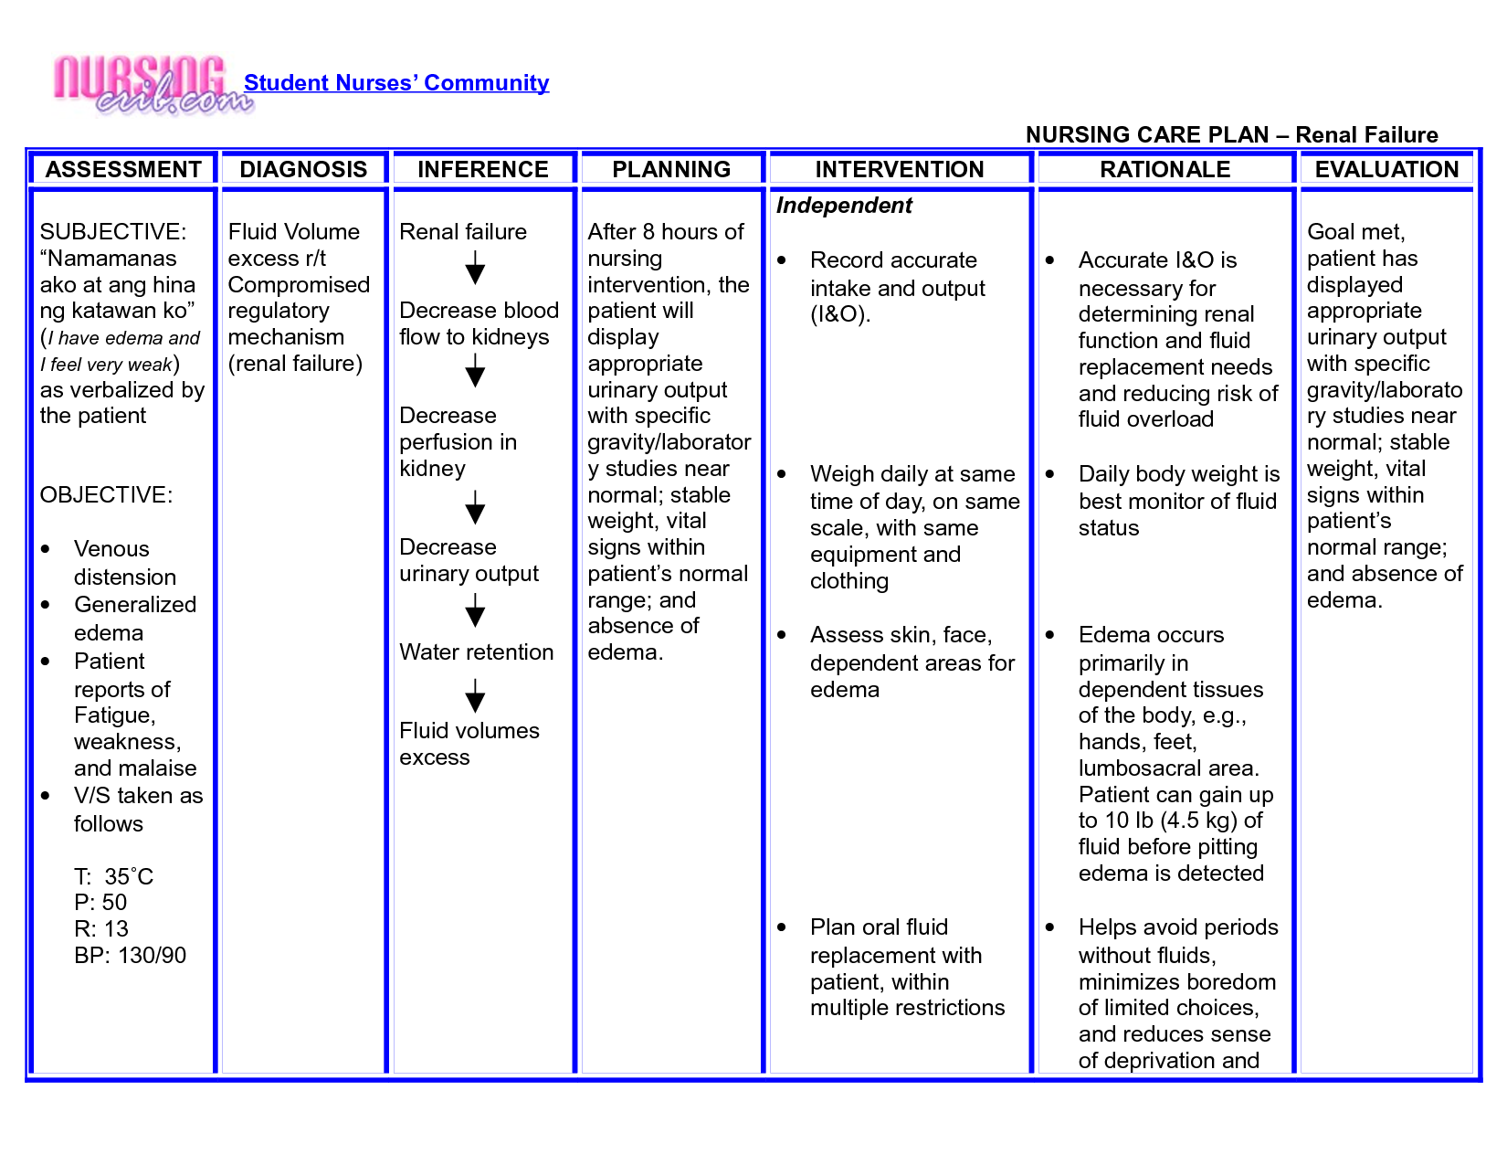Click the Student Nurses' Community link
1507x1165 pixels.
[396, 83]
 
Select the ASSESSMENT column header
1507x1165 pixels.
[123, 170]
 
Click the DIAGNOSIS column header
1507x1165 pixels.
[303, 170]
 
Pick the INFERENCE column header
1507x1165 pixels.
[483, 170]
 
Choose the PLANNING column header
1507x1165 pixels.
[671, 170]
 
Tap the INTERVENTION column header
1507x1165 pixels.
[900, 170]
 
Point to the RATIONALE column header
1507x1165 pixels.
[1164, 170]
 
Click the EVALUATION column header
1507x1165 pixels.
[1386, 170]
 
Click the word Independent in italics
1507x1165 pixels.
[844, 206]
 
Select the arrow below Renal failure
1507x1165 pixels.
[475, 270]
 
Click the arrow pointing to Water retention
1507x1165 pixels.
[475, 610]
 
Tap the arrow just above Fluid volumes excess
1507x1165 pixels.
[475, 696]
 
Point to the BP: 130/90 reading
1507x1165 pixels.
[130, 956]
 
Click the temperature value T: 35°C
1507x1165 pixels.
[114, 877]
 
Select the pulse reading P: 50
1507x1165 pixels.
[100, 903]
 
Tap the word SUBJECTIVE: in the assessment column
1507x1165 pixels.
[113, 232]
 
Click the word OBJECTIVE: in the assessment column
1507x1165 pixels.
[106, 495]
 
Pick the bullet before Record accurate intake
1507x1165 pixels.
[782, 260]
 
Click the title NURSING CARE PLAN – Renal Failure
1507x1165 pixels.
[1231, 135]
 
